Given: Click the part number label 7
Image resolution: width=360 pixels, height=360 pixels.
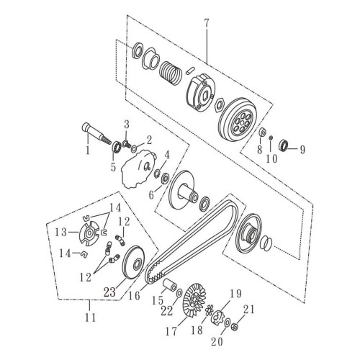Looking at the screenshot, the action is point(207,24).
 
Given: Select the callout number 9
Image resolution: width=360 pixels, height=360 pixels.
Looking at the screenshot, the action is point(302,150).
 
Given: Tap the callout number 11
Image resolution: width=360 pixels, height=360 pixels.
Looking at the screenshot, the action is point(90,317).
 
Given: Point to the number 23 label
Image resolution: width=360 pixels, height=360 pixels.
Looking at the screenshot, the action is point(109,292).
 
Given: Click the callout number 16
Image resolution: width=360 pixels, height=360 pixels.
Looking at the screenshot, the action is point(134,295).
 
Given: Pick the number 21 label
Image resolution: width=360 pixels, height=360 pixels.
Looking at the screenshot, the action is point(248,310).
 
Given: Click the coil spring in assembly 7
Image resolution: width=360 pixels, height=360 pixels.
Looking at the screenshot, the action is point(170,72).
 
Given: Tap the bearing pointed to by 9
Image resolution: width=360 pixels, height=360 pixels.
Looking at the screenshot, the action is point(284,145).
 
